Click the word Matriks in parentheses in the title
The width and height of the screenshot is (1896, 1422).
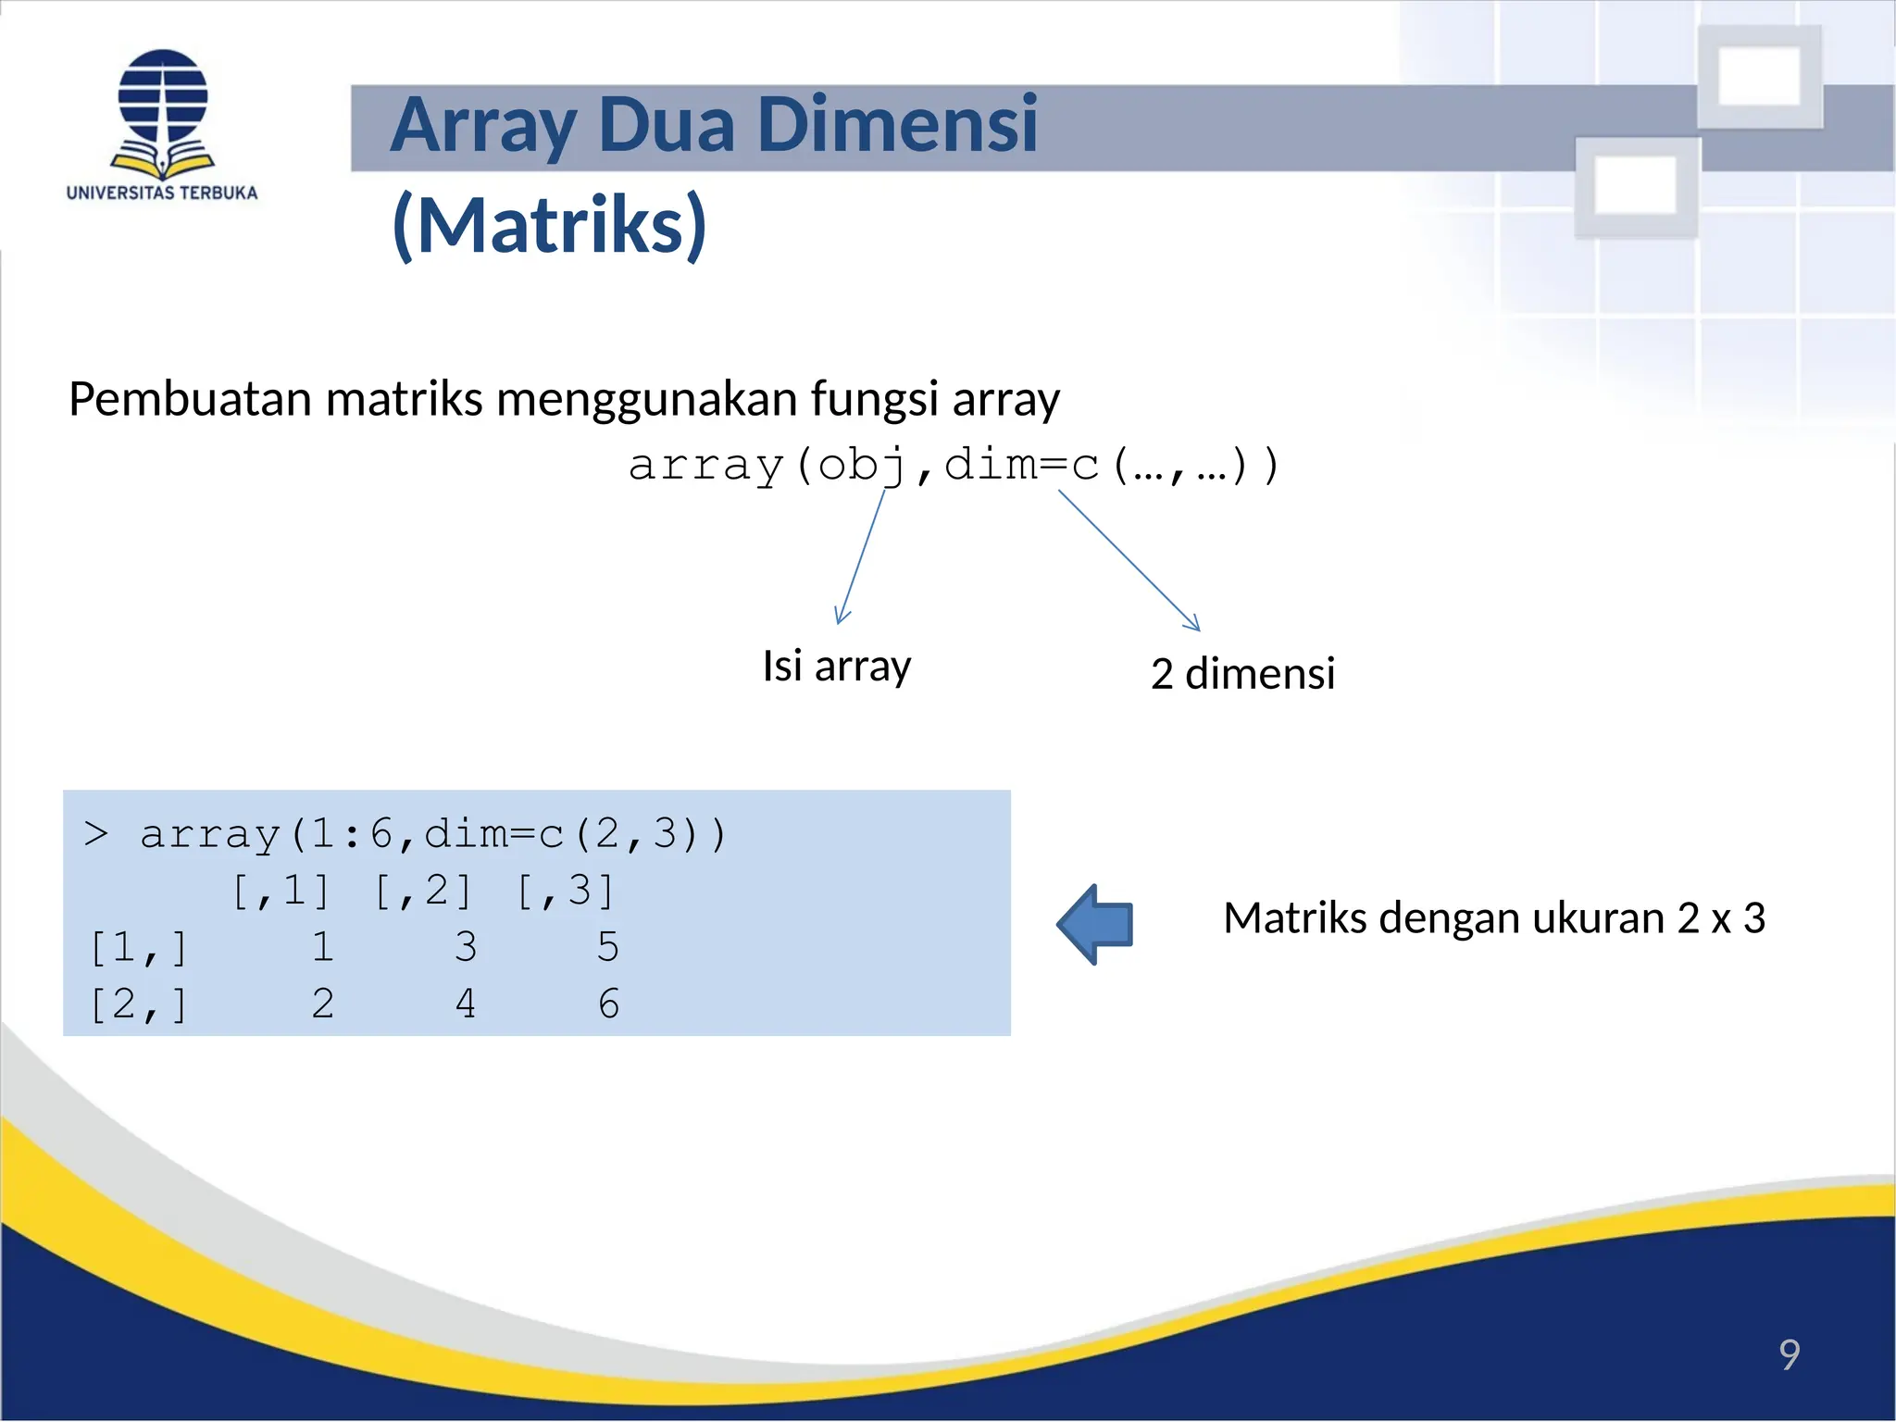click(x=550, y=225)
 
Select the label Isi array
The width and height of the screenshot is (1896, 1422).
click(x=836, y=666)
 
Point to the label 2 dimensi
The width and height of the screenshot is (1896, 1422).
click(x=1242, y=673)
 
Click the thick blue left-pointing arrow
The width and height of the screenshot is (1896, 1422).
click(x=1096, y=924)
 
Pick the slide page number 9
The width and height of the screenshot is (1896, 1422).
click(x=1789, y=1354)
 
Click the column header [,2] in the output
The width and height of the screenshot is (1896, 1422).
click(x=423, y=891)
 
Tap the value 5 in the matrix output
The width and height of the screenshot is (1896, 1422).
click(x=607, y=947)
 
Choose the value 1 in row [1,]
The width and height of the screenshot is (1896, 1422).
click(x=322, y=947)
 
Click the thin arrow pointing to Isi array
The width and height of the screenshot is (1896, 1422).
click(x=861, y=556)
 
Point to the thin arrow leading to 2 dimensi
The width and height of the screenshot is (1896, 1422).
click(x=1129, y=561)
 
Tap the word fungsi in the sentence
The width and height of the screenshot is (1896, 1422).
click(x=875, y=400)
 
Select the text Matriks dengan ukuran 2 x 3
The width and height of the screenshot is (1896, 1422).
click(x=1493, y=918)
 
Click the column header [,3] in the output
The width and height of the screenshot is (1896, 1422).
click(x=565, y=891)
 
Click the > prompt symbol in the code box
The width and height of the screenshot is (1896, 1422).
click(x=96, y=834)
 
